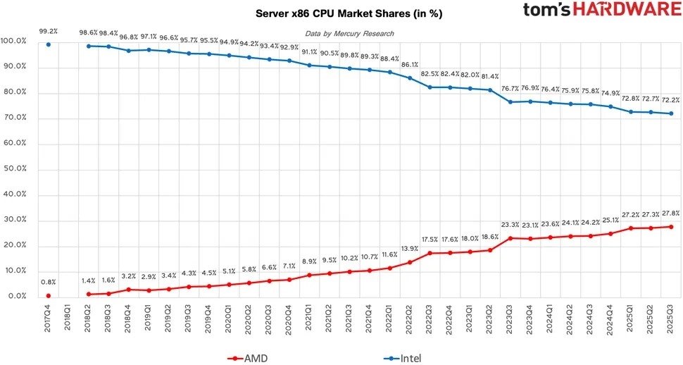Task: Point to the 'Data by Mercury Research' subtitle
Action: click(349, 34)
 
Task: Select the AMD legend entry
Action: click(250, 358)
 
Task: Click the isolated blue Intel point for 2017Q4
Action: click(49, 44)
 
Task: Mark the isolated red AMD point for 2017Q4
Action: click(49, 295)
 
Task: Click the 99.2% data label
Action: click(49, 31)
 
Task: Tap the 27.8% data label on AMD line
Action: click(670, 213)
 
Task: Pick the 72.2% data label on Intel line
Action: click(670, 100)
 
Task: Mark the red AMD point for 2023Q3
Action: click(509, 238)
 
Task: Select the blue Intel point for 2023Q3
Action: click(509, 102)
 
